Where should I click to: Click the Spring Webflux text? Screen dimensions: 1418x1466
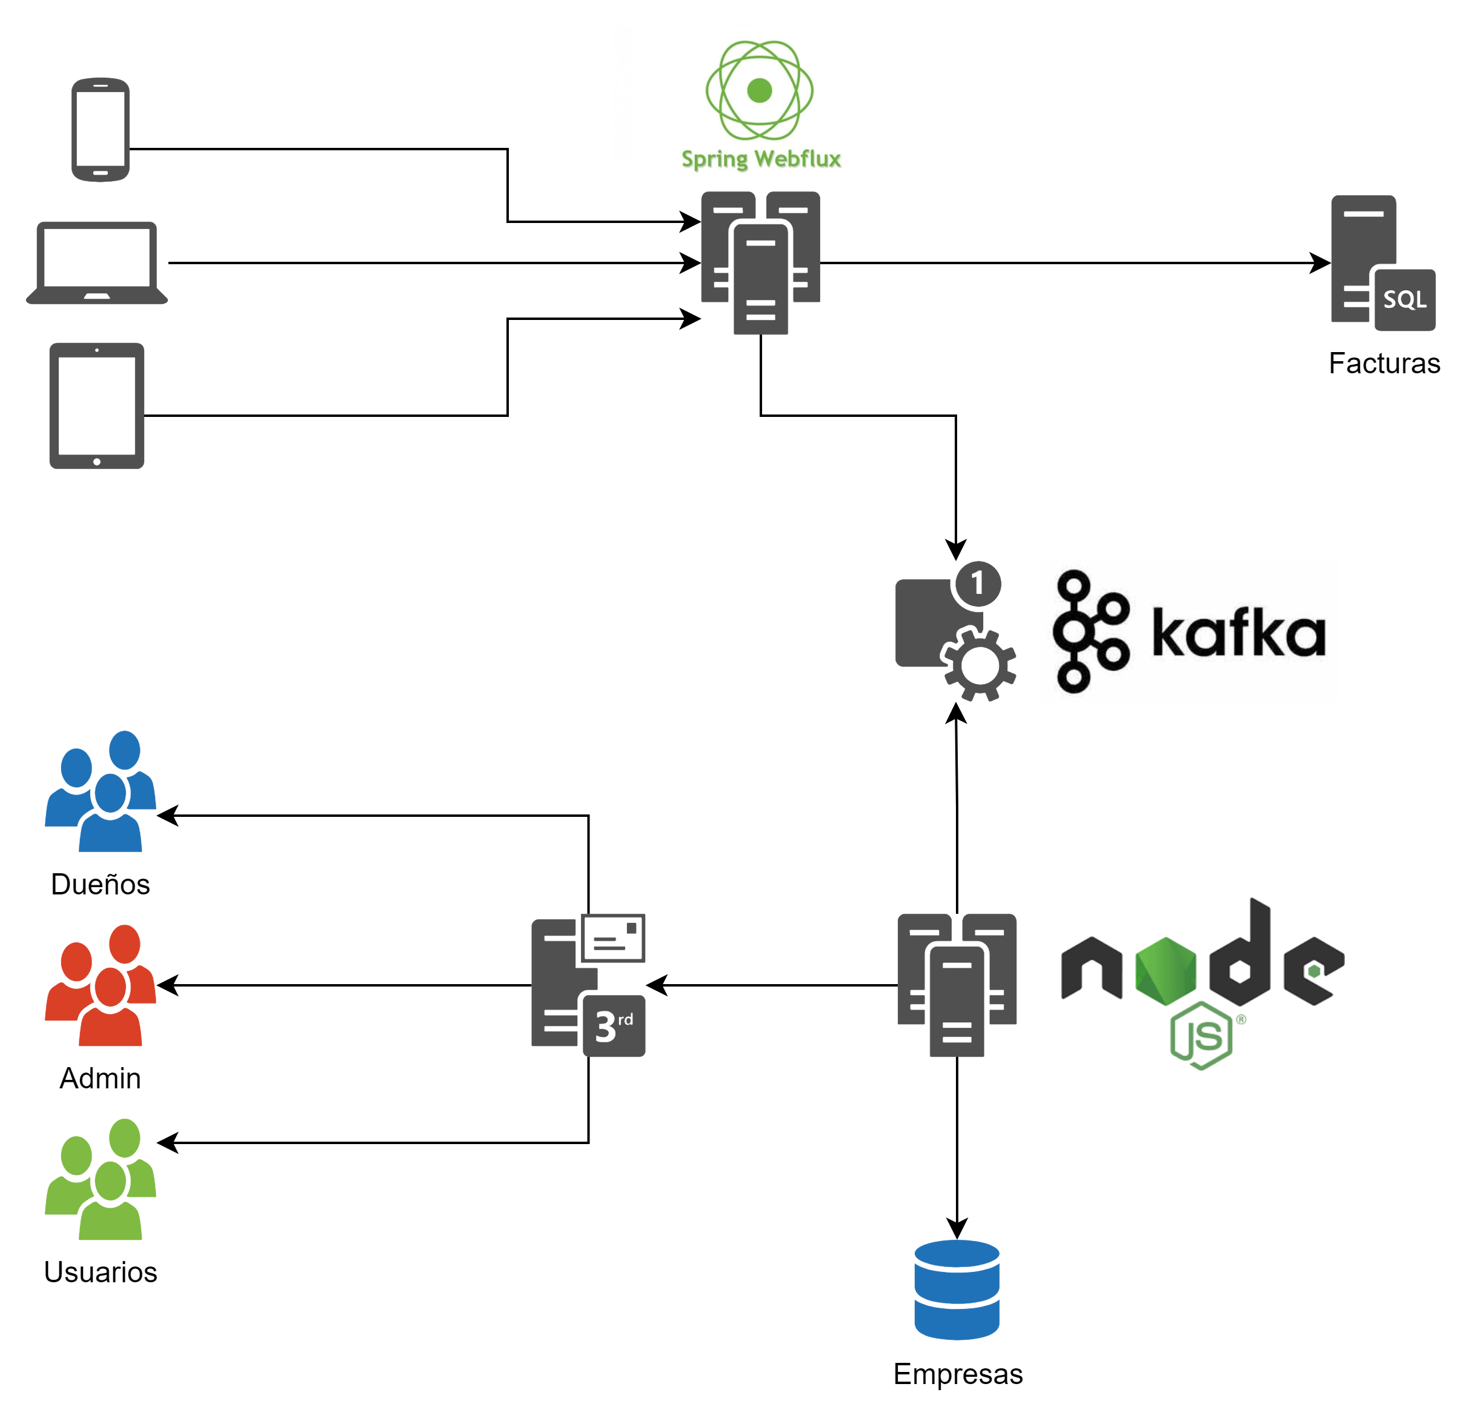point(761,159)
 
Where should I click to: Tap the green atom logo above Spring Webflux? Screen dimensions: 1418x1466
point(759,90)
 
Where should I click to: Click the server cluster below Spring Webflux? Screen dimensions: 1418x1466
point(760,262)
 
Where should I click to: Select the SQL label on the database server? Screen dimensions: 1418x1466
point(1404,300)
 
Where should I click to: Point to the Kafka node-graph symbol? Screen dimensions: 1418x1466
point(1090,631)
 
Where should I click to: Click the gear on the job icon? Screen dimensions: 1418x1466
point(979,665)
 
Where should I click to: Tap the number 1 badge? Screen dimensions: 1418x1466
point(977,583)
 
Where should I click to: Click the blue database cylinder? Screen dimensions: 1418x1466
point(957,1290)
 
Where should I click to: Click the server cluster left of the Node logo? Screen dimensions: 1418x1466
point(957,984)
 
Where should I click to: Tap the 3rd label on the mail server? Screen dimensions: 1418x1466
point(613,1026)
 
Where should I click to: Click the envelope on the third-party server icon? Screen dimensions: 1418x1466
point(613,937)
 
